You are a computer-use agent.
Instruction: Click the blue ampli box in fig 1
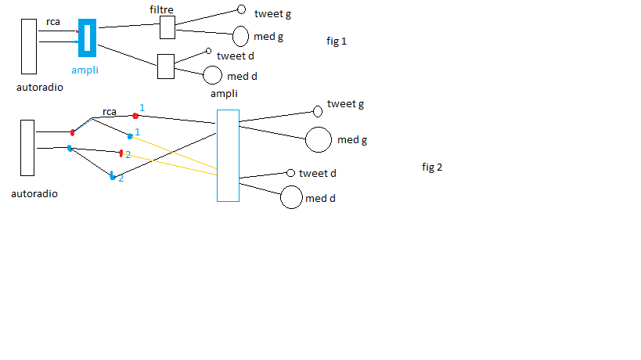click(x=88, y=37)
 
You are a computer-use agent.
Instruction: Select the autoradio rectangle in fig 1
click(x=29, y=46)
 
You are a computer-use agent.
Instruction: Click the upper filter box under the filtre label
click(x=167, y=27)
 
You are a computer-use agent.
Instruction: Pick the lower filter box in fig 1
click(x=165, y=67)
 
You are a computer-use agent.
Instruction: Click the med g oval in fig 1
click(x=241, y=36)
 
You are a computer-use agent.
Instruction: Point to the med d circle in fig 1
click(x=212, y=75)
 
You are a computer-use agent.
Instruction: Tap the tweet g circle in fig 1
click(x=241, y=11)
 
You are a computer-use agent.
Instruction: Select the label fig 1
click(x=337, y=41)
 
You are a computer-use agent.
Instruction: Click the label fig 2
click(x=433, y=167)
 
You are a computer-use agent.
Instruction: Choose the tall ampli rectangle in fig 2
click(x=228, y=155)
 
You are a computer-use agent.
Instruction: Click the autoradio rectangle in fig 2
click(x=27, y=147)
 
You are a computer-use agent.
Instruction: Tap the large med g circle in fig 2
click(x=319, y=139)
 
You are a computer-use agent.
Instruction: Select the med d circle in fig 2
click(x=291, y=198)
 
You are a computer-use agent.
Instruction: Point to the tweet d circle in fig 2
click(x=290, y=173)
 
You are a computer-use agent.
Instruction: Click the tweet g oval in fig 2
click(x=318, y=111)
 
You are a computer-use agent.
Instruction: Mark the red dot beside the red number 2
click(x=121, y=153)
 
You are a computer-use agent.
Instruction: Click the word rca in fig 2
click(x=110, y=111)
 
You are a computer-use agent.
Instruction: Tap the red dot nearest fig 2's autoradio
click(x=73, y=132)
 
